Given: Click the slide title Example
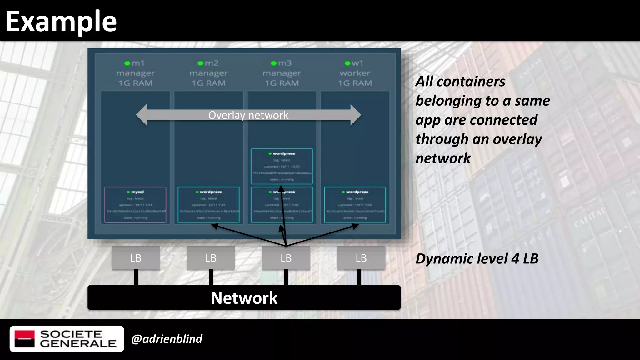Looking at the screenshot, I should [x=61, y=21].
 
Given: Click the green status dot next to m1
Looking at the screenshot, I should [x=127, y=63].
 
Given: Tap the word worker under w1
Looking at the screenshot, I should [x=355, y=73].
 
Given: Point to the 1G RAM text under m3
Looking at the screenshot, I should [x=282, y=83].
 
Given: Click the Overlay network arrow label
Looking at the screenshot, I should [x=248, y=115].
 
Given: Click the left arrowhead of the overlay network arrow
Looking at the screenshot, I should [x=142, y=115].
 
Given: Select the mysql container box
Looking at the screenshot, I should [x=135, y=205].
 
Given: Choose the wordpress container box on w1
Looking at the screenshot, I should [x=355, y=205].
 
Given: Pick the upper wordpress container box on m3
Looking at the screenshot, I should [x=282, y=166].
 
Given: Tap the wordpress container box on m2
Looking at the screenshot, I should [x=208, y=205].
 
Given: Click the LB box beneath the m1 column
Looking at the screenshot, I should [x=136, y=258].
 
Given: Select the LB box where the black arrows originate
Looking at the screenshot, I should [x=286, y=258].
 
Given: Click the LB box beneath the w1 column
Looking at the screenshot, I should [x=361, y=258].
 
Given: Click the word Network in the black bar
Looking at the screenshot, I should [x=244, y=298].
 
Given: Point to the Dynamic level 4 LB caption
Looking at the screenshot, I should [x=477, y=259].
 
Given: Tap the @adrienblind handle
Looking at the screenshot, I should [x=167, y=339].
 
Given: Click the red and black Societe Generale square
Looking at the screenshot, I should [x=25, y=339].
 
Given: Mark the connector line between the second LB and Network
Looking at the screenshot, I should [x=211, y=277].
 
